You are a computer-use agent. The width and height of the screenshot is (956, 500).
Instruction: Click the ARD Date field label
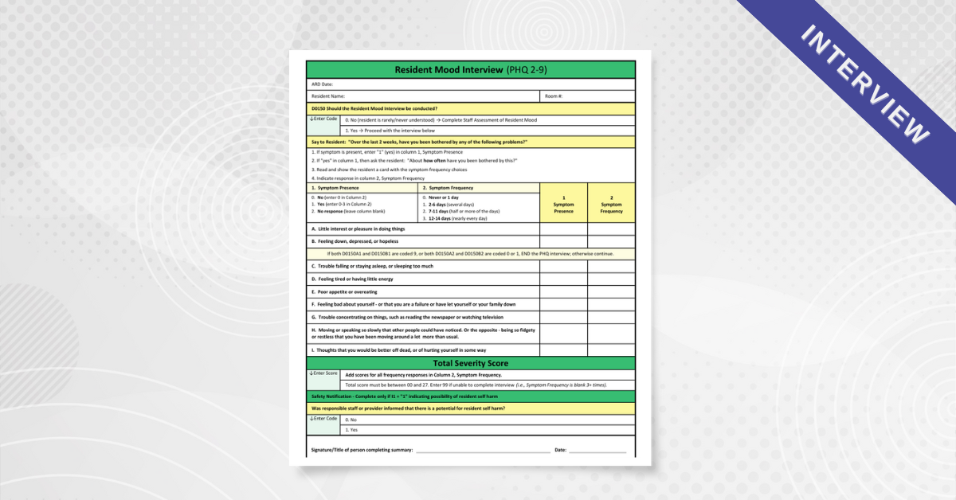(x=322, y=84)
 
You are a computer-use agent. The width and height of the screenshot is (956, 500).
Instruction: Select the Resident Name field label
(x=328, y=96)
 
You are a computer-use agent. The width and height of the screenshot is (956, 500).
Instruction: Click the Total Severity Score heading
(x=471, y=363)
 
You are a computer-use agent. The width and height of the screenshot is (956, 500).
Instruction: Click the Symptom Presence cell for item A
(x=563, y=229)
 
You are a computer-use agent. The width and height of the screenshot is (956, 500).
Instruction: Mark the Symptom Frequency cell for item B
(x=611, y=241)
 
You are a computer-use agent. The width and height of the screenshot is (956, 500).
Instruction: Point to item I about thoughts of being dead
(x=398, y=350)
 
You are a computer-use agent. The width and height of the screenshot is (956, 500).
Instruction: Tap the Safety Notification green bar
(x=471, y=396)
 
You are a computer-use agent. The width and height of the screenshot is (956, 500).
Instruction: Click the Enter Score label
(x=323, y=373)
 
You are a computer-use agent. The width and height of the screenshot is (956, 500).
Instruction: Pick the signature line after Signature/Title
(x=482, y=451)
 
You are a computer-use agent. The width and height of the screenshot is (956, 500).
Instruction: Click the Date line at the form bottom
(x=597, y=451)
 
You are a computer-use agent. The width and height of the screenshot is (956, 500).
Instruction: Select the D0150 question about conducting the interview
(x=374, y=108)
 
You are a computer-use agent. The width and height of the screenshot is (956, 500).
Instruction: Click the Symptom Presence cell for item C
(x=563, y=267)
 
